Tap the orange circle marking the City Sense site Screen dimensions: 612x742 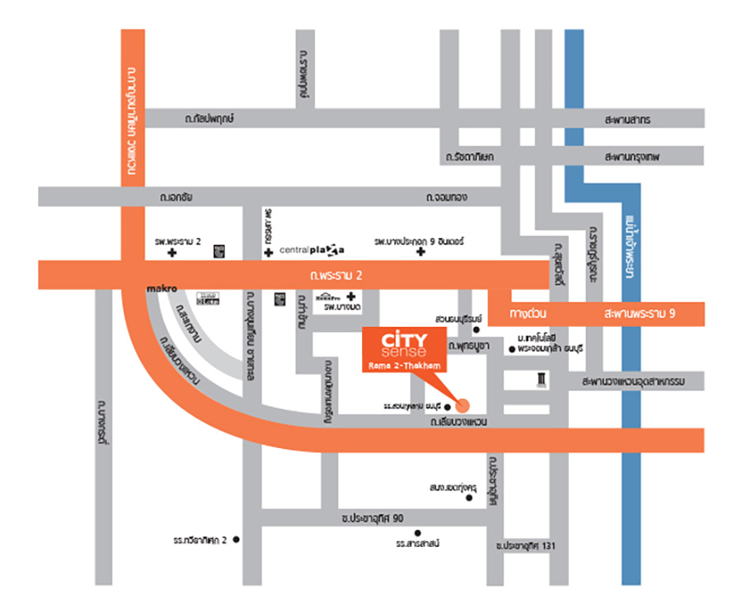(462, 405)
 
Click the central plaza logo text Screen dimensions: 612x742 (312, 249)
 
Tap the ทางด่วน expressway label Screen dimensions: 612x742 (528, 314)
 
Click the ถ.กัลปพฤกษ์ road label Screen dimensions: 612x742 (210, 119)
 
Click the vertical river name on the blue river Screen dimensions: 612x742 (631, 247)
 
